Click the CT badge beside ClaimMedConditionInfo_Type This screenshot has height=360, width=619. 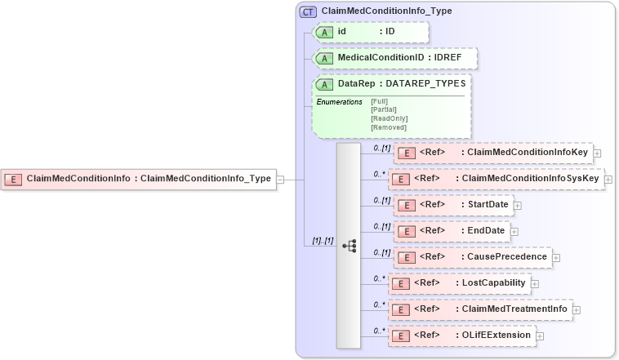pyautogui.click(x=308, y=11)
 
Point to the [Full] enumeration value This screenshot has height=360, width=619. pyautogui.click(x=380, y=101)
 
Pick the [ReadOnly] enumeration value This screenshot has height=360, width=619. pyautogui.click(x=389, y=118)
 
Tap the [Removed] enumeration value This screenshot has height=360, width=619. pyautogui.click(x=388, y=127)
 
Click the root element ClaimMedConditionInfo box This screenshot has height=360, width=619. pyautogui.click(x=139, y=178)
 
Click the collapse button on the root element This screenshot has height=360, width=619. pyautogui.click(x=280, y=179)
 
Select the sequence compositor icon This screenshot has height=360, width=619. pyautogui.click(x=349, y=245)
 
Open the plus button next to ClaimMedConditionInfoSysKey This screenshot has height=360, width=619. pyautogui.click(x=609, y=179)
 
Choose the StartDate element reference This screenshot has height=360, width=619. pyautogui.click(x=452, y=204)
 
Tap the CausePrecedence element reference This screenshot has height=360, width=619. pyautogui.click(x=472, y=256)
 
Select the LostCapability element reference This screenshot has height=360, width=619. pyautogui.click(x=459, y=283)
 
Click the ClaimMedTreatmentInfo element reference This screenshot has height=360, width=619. pyautogui.click(x=479, y=309)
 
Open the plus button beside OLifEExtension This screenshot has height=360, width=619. pyautogui.click(x=540, y=336)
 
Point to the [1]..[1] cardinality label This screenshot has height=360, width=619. pyautogui.click(x=323, y=241)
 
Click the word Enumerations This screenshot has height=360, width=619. pyautogui.click(x=339, y=101)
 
